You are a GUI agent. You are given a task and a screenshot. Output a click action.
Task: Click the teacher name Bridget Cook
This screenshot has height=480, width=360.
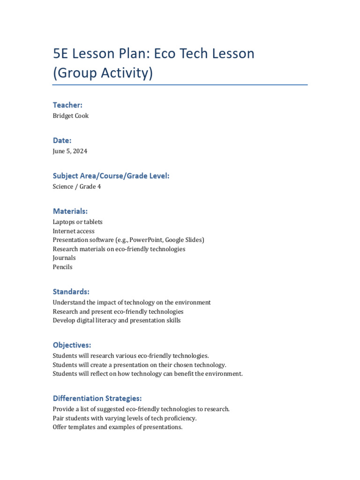coord(70,116)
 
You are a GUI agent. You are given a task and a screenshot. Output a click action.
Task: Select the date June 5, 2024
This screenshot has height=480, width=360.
coord(70,151)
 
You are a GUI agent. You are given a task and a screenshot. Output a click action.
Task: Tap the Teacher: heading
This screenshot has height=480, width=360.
coord(67,105)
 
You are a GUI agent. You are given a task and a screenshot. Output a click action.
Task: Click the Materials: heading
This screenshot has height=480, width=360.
coord(70,211)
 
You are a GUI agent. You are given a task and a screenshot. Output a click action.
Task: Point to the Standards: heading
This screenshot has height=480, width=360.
coord(71,292)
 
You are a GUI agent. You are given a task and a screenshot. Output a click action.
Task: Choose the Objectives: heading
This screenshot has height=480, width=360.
coord(72,345)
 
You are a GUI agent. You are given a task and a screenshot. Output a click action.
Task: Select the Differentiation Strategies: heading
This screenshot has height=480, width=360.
coord(97,398)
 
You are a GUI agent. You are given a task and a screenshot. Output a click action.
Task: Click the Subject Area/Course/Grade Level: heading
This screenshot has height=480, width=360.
coord(111,176)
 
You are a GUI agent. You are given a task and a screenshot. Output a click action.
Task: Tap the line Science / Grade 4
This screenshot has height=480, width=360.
coord(76,187)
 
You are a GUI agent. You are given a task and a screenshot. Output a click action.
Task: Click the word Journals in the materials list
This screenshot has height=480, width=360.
coord(64,258)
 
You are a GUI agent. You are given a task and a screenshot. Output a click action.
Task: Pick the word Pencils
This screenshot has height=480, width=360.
coord(62,267)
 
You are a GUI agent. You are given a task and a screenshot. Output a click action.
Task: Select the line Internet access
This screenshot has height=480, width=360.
coord(73,231)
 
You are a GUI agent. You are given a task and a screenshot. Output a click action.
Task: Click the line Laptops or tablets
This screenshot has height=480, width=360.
coord(77,222)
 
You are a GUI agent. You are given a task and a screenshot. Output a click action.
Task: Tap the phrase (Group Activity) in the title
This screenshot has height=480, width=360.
coord(103,74)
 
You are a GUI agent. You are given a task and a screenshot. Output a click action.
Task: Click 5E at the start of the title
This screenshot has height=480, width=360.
coord(61,53)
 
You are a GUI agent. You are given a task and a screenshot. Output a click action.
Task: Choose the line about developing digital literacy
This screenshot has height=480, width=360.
coord(116,321)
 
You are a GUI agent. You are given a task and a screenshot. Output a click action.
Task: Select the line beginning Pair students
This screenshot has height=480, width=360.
coord(124,418)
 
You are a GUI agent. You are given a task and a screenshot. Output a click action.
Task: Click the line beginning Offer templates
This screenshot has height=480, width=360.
coord(117,427)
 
